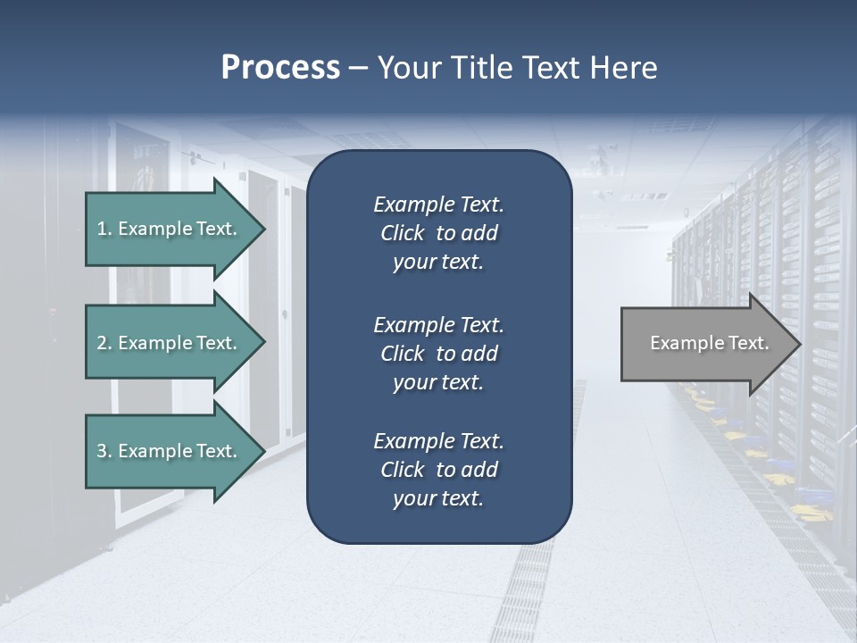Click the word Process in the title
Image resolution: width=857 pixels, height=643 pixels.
[x=280, y=68]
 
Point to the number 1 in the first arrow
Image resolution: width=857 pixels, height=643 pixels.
[x=102, y=229]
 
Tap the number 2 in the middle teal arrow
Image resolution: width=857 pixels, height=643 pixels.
[x=102, y=343]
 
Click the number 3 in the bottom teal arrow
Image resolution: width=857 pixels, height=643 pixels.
[x=102, y=451]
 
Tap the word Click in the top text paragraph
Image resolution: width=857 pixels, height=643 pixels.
[x=403, y=233]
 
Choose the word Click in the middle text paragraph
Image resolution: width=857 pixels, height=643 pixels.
[x=403, y=354]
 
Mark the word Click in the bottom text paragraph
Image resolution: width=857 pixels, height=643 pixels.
[x=403, y=470]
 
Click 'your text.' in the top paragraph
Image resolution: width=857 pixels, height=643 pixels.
[x=438, y=263]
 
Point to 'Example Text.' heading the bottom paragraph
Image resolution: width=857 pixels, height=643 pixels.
[x=438, y=441]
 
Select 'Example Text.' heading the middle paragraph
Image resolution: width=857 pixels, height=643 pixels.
[x=438, y=325]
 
